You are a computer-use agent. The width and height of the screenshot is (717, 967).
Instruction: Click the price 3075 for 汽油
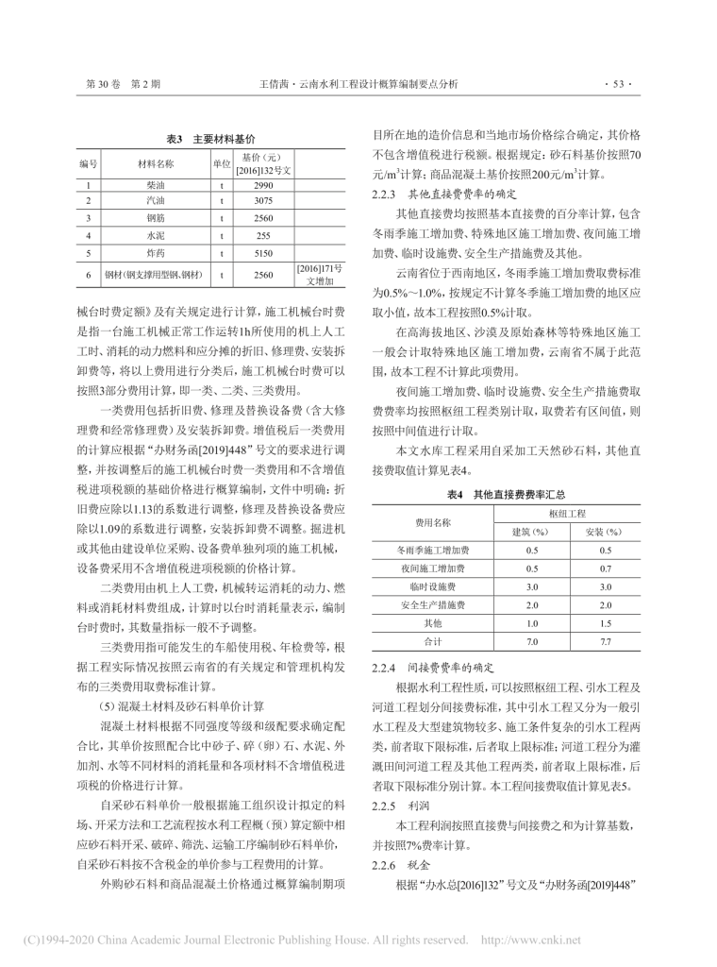pos(263,201)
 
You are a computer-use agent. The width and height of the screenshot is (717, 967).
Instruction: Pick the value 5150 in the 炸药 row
pos(263,253)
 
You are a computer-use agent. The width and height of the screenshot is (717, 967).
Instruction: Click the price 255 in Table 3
pos(263,236)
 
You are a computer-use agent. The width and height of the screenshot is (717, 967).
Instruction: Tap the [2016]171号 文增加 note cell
pos(322,275)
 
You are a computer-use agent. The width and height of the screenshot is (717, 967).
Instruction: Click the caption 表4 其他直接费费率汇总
pos(506,494)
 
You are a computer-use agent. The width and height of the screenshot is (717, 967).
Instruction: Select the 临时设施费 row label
pos(432,586)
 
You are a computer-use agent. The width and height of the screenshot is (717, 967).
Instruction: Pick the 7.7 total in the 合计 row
pos(605,641)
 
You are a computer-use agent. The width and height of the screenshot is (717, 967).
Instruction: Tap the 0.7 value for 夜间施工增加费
pos(605,568)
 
